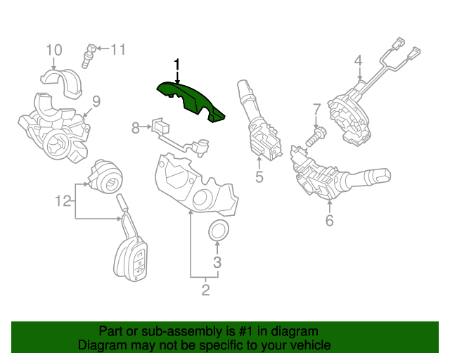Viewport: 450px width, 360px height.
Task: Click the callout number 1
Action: click(177, 65)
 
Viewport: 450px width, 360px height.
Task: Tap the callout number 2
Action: click(205, 289)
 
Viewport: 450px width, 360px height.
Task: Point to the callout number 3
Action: click(217, 263)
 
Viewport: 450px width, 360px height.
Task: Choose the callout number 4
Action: click(358, 61)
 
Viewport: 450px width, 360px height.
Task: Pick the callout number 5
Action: click(259, 177)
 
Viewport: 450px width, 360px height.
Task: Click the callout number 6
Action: click(329, 220)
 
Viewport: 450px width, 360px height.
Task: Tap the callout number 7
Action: click(316, 110)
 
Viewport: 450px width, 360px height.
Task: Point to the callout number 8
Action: click(136, 127)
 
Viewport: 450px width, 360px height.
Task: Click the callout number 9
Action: click(96, 101)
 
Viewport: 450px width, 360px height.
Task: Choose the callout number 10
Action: click(54, 50)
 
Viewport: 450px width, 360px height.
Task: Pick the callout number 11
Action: click(117, 49)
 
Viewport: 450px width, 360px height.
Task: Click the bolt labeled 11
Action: click(89, 54)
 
